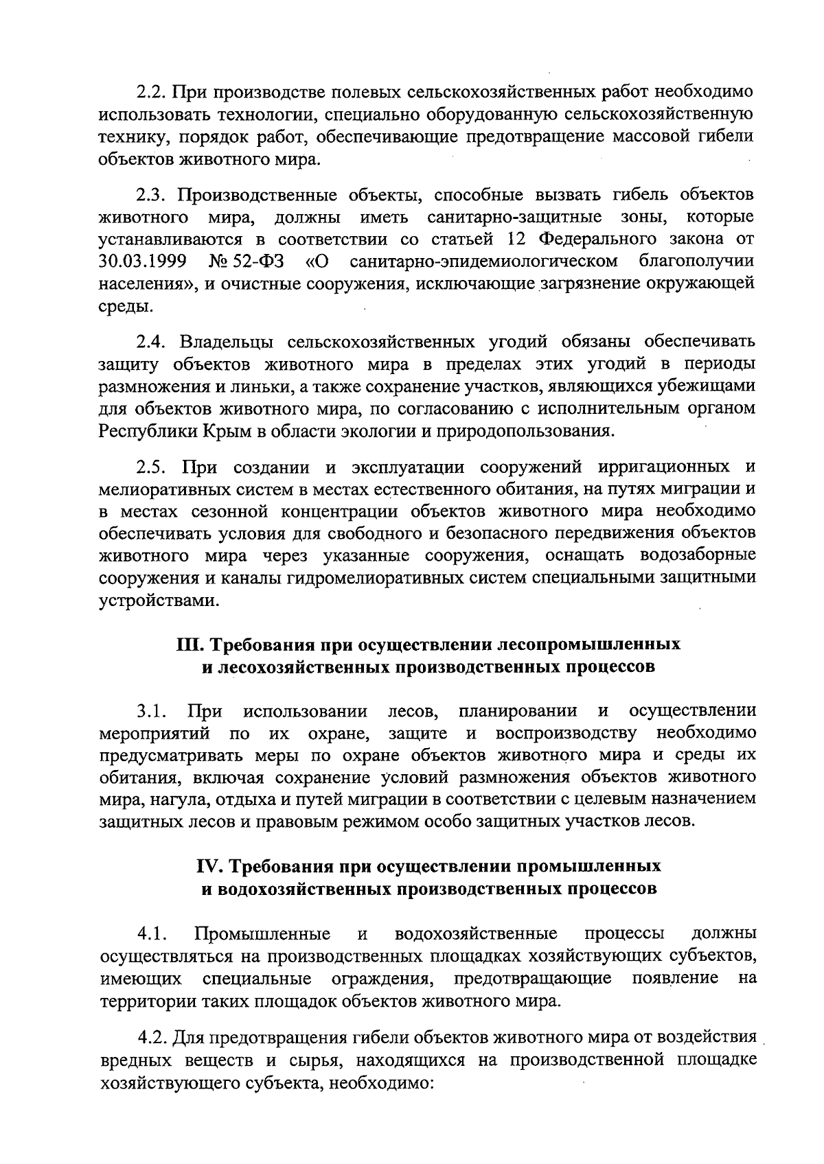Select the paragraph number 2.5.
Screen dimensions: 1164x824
tap(153, 467)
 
